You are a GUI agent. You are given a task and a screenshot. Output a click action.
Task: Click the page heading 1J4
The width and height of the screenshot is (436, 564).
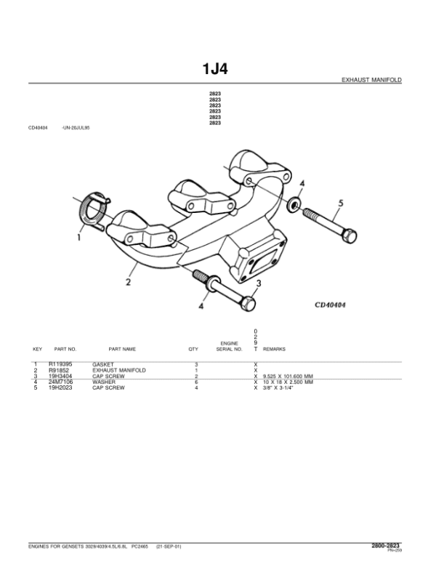tap(217, 70)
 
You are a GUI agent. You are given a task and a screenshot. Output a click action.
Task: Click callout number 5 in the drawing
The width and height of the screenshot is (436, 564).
tap(338, 201)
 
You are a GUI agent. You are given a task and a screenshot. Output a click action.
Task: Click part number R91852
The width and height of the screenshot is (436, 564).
tap(60, 370)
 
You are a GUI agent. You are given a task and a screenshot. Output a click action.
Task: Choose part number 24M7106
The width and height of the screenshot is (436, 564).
tap(60, 382)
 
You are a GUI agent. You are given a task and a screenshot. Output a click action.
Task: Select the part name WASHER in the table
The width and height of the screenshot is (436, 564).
tap(103, 382)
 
